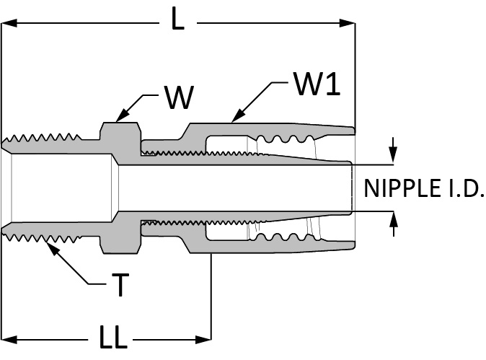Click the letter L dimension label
point(178,19)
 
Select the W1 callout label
point(317,84)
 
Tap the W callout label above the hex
point(180,97)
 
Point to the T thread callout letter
point(120,285)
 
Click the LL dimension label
point(113,336)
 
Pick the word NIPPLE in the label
point(402,188)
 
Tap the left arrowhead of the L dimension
point(9,23)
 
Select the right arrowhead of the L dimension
point(347,23)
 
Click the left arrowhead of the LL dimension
point(9,340)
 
